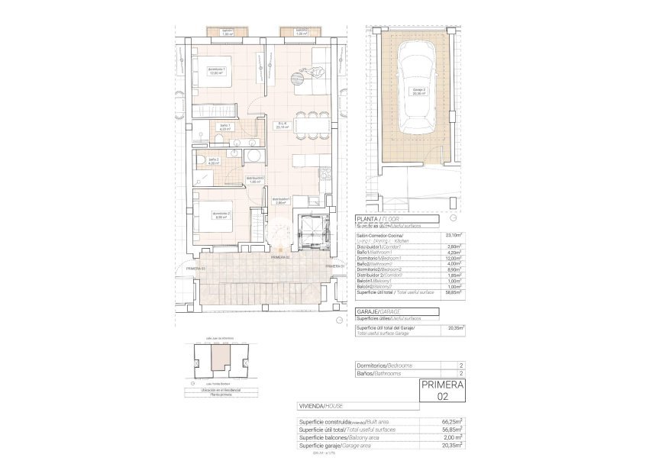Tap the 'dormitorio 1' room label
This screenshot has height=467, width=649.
point(216,72)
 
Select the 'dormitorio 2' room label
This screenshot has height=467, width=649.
point(221,215)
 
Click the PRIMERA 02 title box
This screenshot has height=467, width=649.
point(442,391)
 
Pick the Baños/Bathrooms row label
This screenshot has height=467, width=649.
point(379,374)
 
